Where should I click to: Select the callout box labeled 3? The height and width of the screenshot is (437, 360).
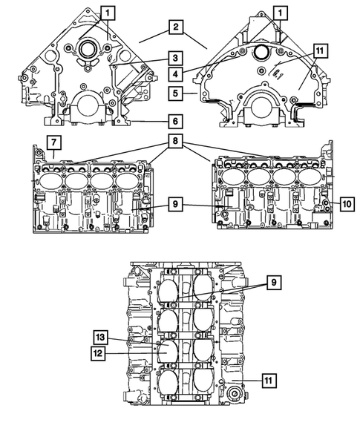click(174, 58)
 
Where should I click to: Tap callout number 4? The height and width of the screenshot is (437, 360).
click(174, 74)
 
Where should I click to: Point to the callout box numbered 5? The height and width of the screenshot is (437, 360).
click(174, 94)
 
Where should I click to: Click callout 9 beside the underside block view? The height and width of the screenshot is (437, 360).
click(272, 282)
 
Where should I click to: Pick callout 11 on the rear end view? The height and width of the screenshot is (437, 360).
click(319, 50)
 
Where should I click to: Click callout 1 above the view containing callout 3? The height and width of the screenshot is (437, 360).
click(108, 13)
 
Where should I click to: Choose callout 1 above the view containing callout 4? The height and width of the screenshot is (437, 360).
click(281, 13)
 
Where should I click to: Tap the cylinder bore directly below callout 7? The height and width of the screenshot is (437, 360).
click(50, 180)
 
